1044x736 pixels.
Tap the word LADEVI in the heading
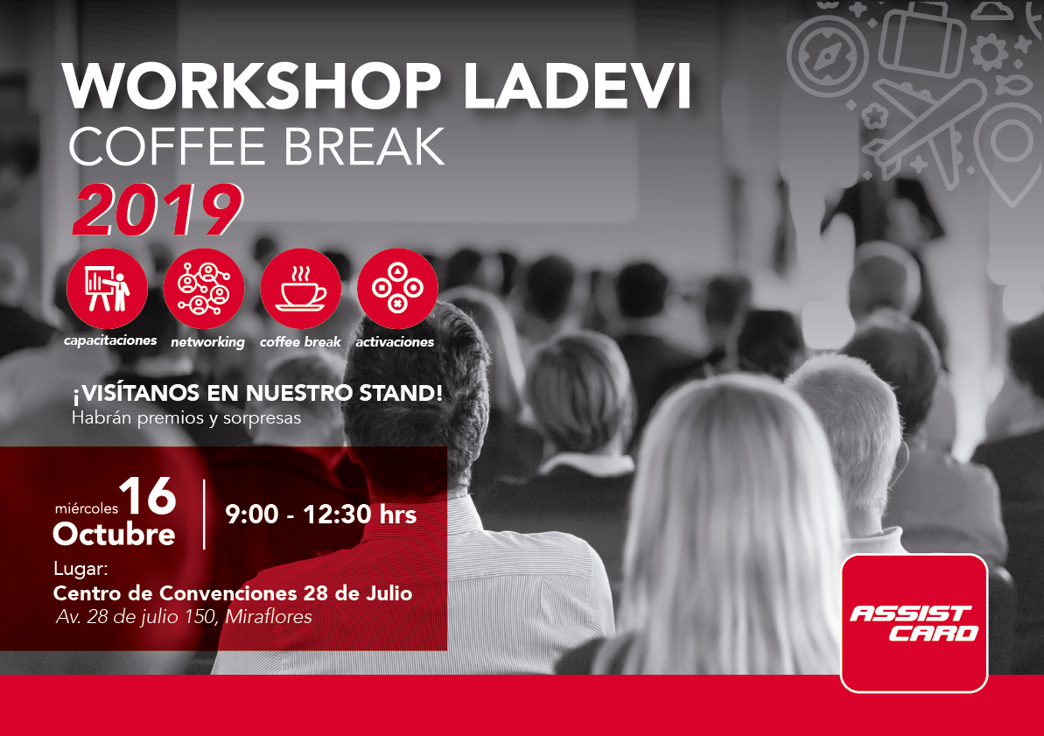[578, 86]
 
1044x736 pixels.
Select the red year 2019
[158, 209]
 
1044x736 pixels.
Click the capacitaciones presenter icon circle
[107, 289]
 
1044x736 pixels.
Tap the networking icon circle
[204, 289]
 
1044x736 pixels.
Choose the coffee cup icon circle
[301, 289]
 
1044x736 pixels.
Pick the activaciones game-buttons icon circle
[397, 289]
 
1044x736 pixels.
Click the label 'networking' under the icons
[207, 341]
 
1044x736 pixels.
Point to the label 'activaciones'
[395, 341]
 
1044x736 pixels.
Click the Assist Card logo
[914, 623]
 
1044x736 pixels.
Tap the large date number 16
[148, 496]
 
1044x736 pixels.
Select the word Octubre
[114, 534]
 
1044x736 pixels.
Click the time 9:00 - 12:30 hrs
[321, 515]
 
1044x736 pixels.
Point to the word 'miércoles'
[86, 508]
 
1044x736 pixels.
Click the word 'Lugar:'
[81, 569]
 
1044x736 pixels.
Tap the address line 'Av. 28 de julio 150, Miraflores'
[184, 617]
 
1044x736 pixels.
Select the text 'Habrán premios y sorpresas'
[186, 418]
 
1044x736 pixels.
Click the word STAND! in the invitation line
[401, 393]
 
